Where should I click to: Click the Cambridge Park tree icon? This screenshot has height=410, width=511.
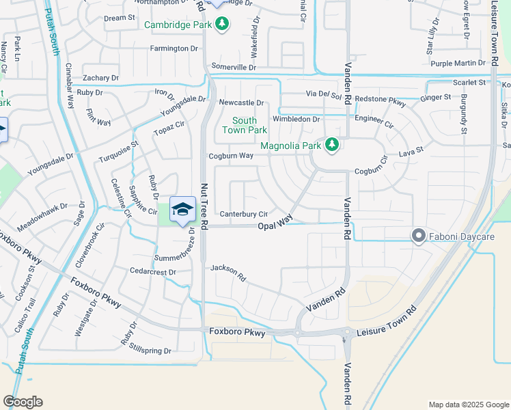coord(221,25)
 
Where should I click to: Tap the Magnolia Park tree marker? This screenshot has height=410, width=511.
coord(332,145)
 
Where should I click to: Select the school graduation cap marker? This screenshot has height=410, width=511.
coord(182,209)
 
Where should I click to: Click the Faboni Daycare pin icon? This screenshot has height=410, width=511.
coord(419,236)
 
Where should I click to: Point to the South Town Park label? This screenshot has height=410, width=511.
coord(244,125)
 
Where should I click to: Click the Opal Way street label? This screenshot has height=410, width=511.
coord(275,226)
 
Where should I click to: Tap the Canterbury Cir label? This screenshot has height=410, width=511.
coord(243,214)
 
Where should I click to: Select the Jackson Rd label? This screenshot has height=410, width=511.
coord(228,273)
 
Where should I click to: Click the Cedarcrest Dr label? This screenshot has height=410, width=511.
coord(154,272)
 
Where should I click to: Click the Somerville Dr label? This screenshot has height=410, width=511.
coord(234,68)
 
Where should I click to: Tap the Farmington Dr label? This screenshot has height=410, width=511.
coord(174,49)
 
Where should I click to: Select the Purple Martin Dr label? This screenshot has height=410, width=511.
coord(458,64)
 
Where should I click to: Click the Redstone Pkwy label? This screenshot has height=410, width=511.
coord(381,100)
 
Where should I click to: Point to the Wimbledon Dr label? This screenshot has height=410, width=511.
coord(296,119)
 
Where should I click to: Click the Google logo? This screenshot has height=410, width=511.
coord(23,402)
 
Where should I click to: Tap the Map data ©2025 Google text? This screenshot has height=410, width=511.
coord(468,404)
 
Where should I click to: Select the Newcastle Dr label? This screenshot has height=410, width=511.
coord(241,102)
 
